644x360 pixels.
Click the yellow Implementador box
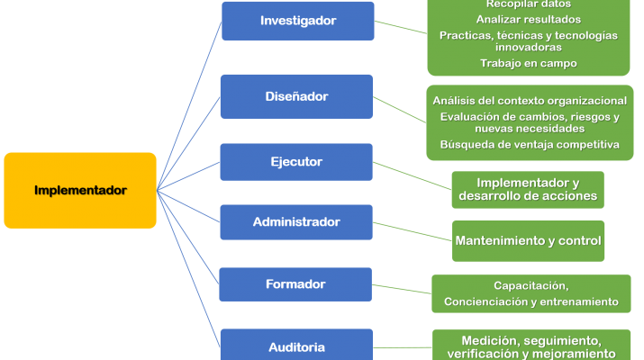click(x=80, y=190)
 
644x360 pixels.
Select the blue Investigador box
click(x=297, y=21)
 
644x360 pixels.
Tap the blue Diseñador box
click(x=296, y=96)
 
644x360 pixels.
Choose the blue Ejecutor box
click(x=296, y=162)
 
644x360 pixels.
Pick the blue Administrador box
click(x=296, y=221)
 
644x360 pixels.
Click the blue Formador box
click(x=296, y=284)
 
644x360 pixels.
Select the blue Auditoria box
click(x=296, y=346)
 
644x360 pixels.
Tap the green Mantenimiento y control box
click(x=529, y=241)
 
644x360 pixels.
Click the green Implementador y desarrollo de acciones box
click(x=528, y=190)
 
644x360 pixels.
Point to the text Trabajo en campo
click(x=528, y=63)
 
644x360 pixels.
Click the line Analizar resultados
click(x=528, y=19)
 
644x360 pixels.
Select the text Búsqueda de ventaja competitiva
click(x=530, y=144)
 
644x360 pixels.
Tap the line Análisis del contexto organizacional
click(x=530, y=100)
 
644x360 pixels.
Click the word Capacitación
click(x=531, y=285)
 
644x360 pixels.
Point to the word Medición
click(x=493, y=341)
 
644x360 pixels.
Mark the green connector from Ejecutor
click(x=413, y=176)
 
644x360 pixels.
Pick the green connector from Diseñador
click(x=399, y=109)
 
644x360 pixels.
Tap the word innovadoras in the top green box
click(x=528, y=47)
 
